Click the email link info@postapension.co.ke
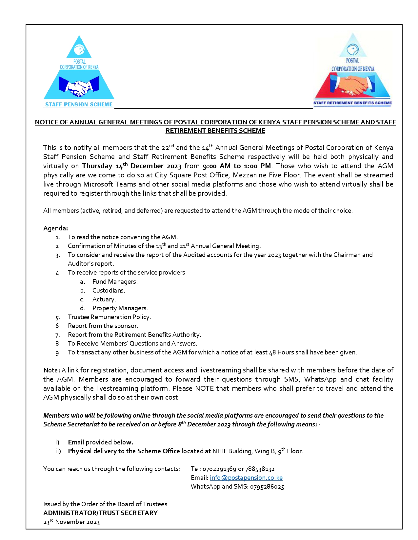(246, 478)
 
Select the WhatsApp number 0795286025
(267, 487)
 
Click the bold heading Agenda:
(55, 228)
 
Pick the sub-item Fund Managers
(115, 282)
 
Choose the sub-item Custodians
(109, 291)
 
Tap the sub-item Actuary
(104, 299)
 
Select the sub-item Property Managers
(120, 308)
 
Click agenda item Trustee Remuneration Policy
(109, 317)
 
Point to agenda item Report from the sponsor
(103, 326)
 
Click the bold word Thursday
(97, 166)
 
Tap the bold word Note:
(51, 370)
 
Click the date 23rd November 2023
(71, 522)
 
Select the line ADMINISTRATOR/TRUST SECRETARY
(100, 513)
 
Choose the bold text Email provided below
(100, 442)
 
